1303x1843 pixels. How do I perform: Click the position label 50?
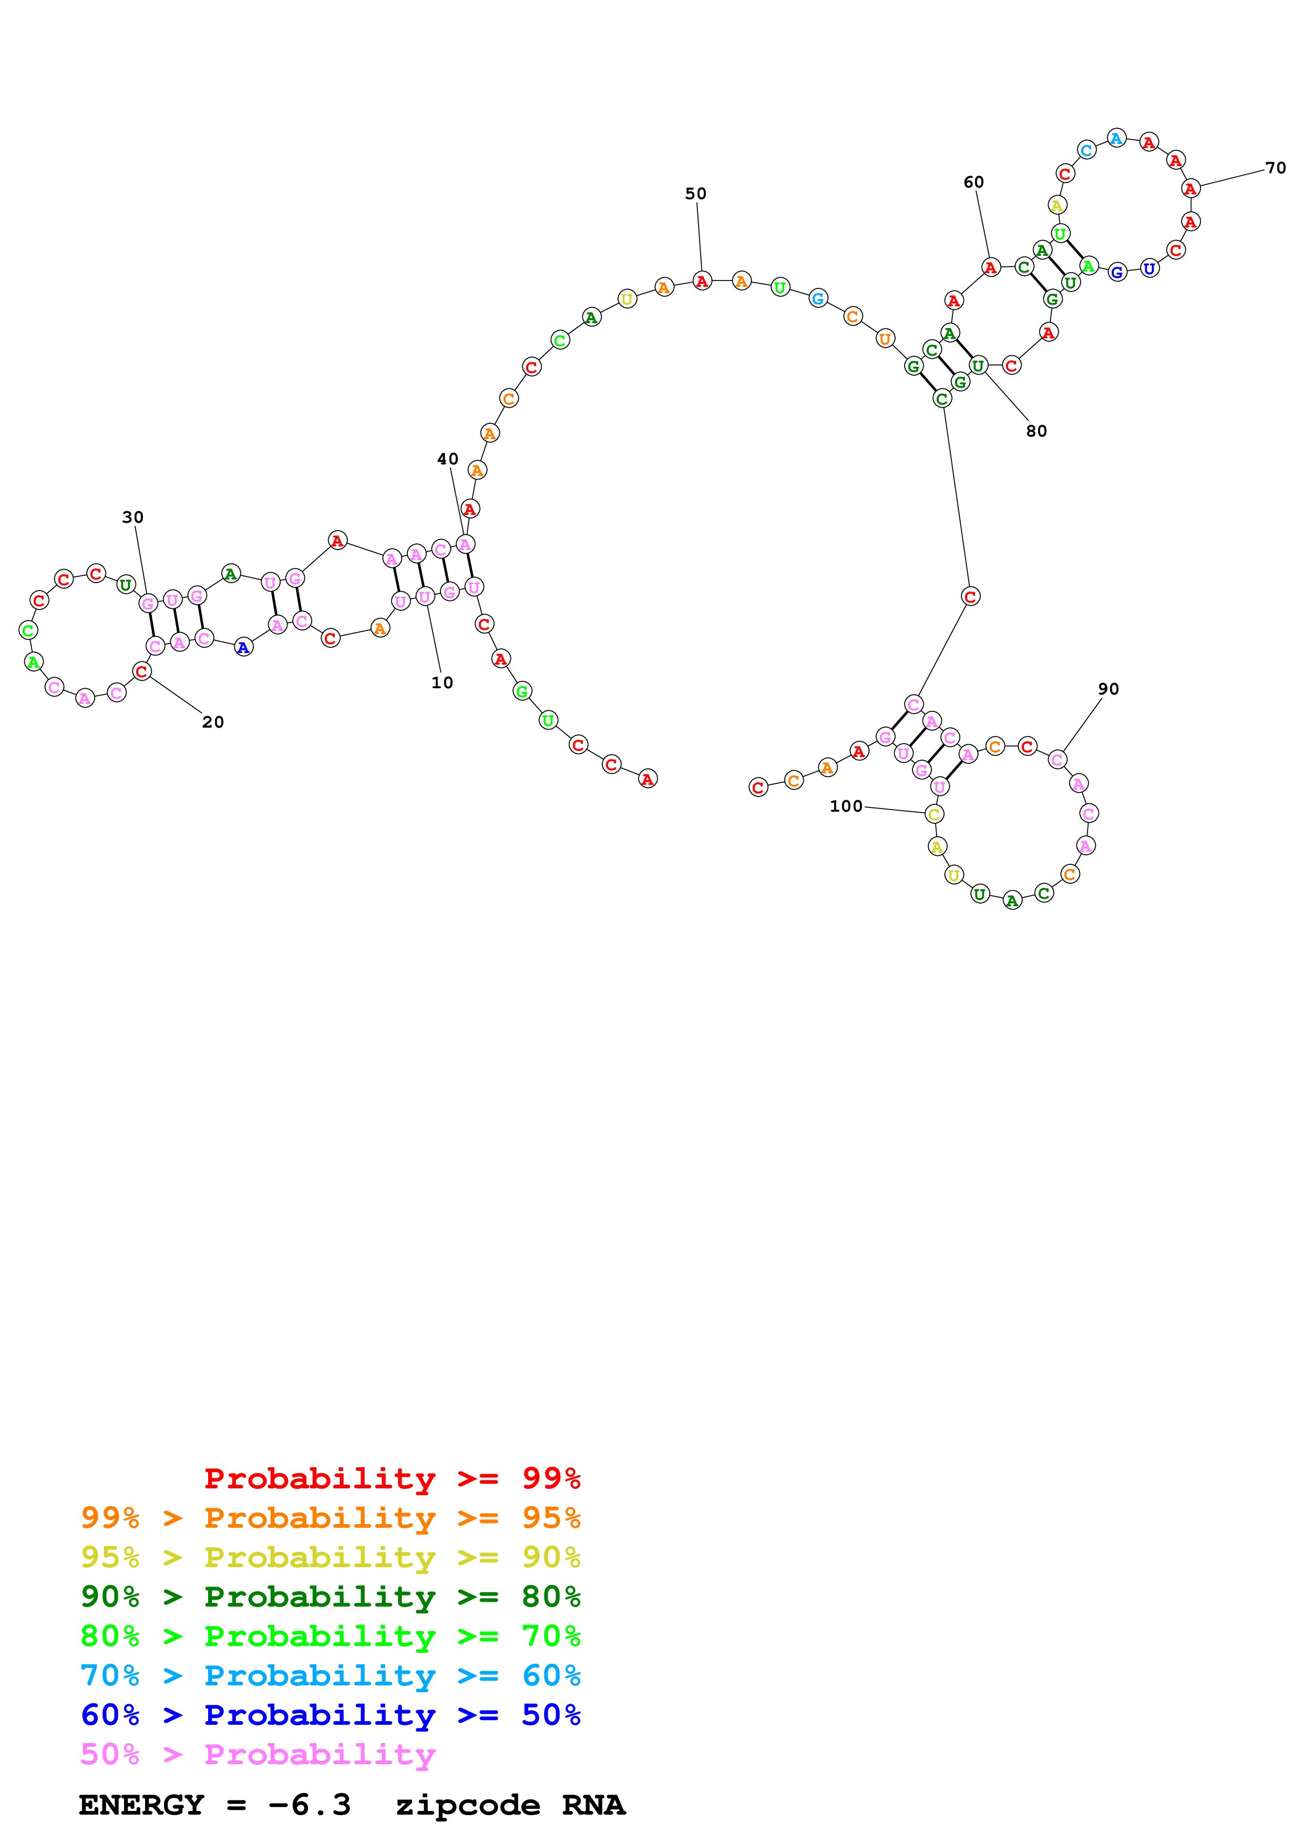695,193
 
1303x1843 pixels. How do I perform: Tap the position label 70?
1275,168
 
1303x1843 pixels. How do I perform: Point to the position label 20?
213,722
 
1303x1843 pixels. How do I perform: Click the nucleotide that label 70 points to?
1191,189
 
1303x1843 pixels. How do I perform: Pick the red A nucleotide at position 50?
702,281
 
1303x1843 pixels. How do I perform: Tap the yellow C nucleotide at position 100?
933,814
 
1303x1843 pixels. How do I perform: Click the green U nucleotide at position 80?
978,366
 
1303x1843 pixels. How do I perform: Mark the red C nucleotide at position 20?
142,671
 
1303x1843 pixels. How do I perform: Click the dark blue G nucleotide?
1117,272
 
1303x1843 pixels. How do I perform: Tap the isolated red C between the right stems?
970,596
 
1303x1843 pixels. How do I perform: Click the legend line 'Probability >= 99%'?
392,1478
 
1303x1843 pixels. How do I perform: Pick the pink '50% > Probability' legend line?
257,1754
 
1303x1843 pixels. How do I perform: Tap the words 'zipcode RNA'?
510,1805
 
